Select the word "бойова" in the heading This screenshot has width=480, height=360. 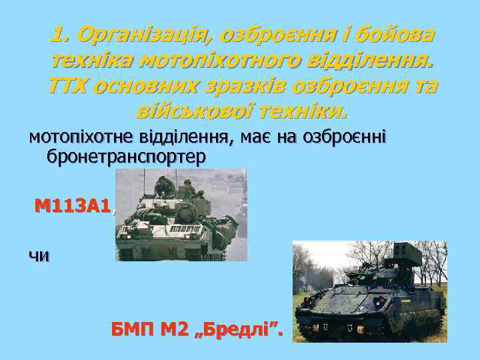point(393,34)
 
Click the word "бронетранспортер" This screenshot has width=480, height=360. point(127,156)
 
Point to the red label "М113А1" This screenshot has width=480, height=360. point(72,207)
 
